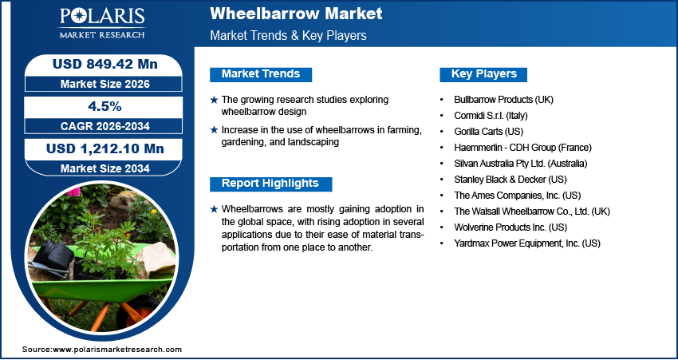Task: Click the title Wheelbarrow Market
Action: coord(296,14)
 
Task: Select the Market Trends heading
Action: coord(261,74)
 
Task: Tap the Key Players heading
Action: coord(484,74)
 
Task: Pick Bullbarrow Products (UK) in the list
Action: coord(503,100)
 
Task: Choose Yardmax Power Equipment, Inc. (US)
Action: coord(526,243)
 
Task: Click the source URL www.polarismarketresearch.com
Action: coord(117,350)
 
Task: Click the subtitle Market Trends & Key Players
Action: coord(288,36)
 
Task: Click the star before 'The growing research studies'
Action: coord(214,100)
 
